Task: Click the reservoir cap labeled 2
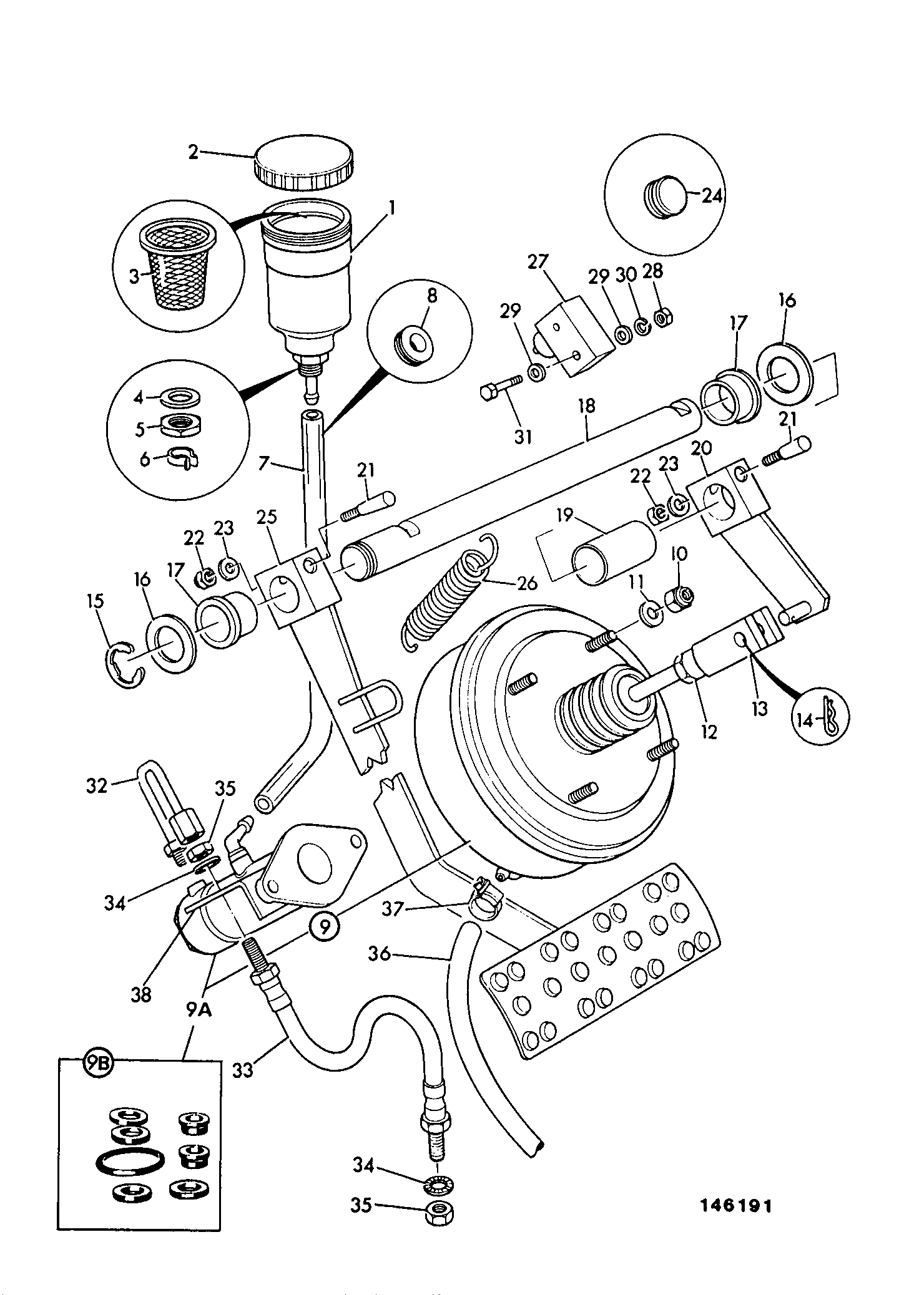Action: (x=304, y=163)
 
